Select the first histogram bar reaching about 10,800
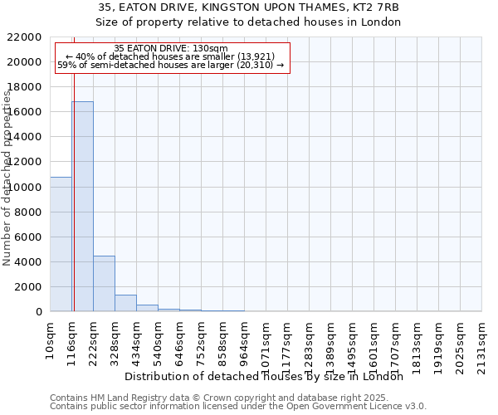(x=61, y=244)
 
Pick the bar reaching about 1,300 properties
(x=125, y=303)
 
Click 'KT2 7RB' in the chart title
(x=378, y=7)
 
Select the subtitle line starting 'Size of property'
(x=248, y=22)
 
